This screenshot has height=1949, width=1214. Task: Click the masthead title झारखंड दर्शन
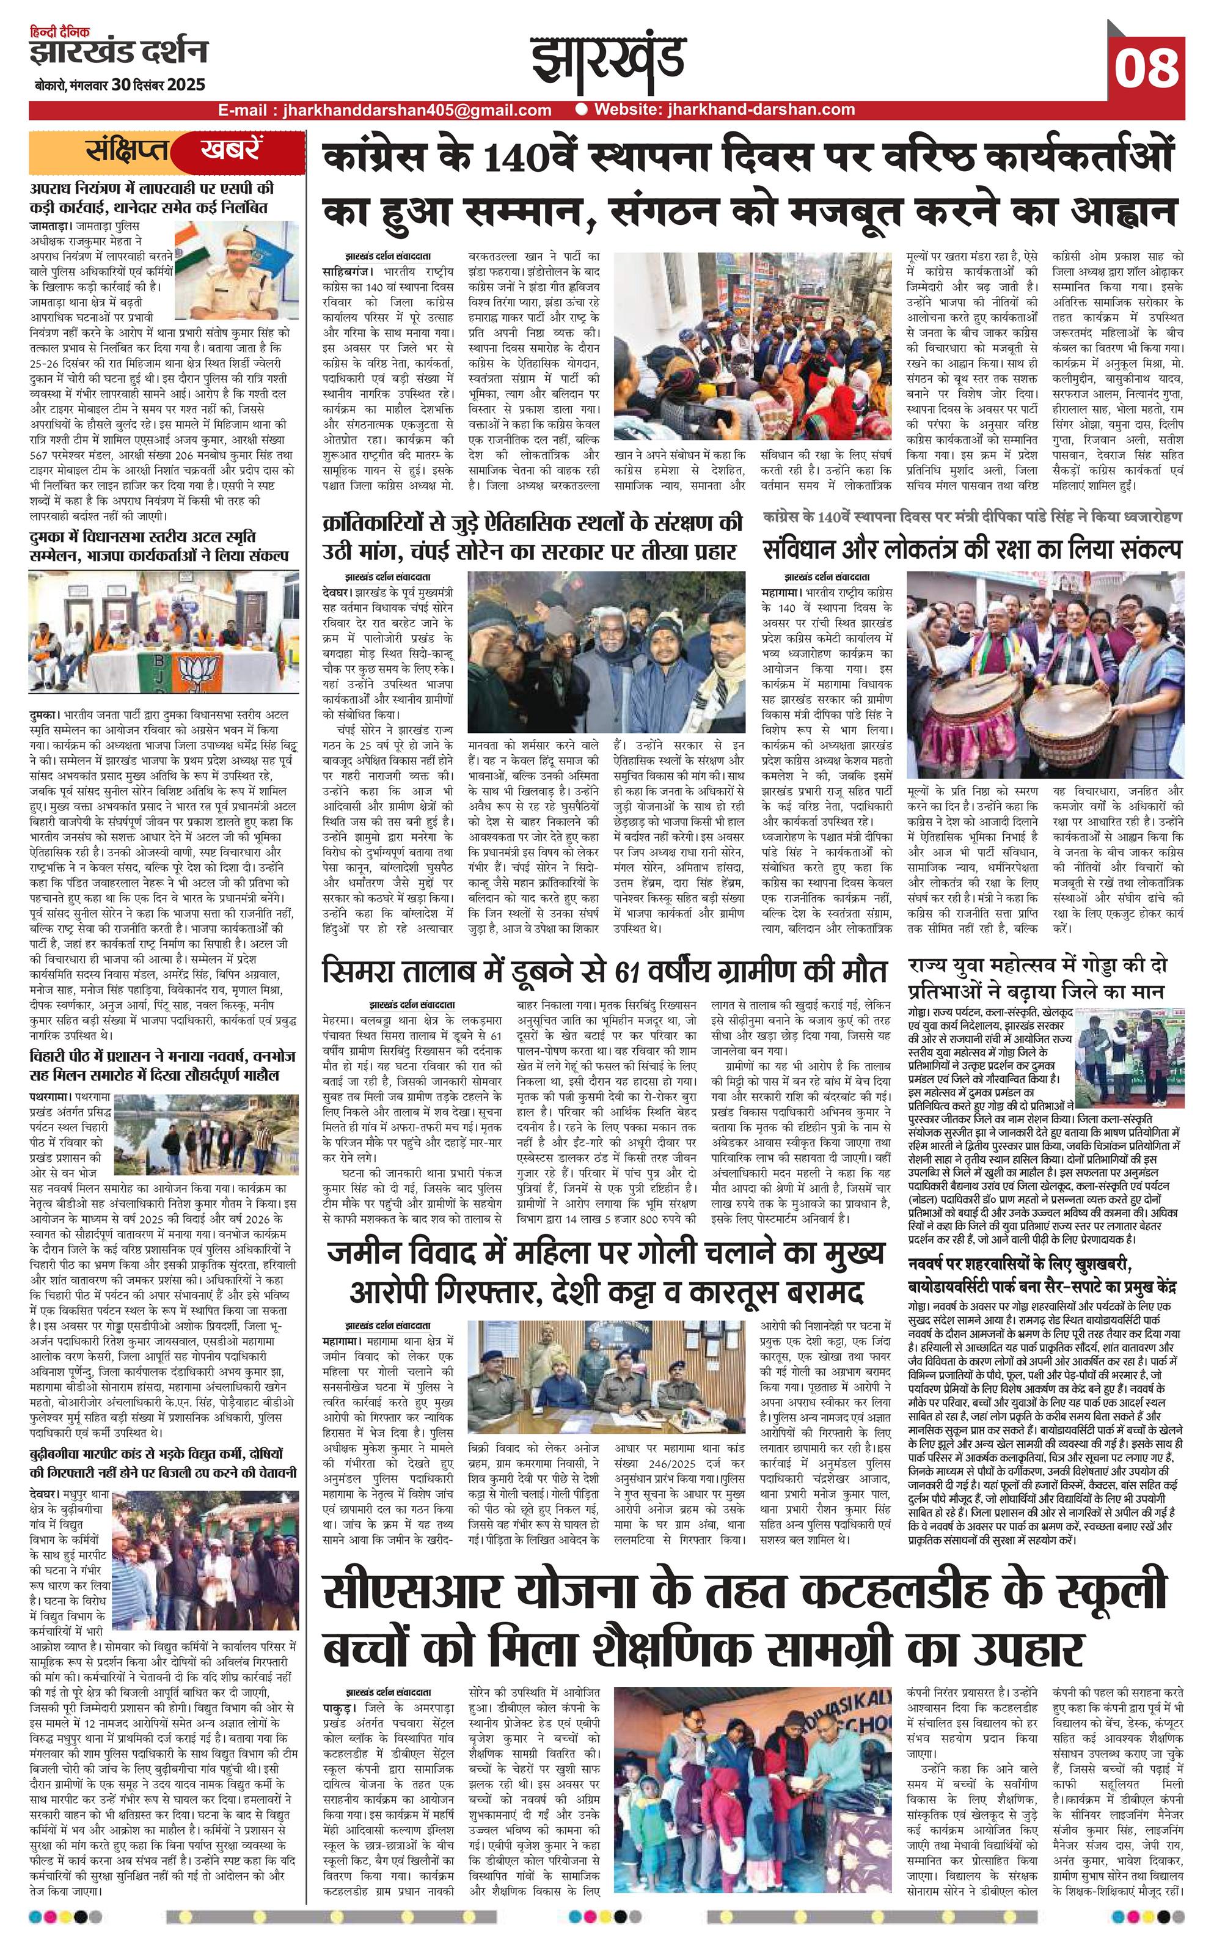click(118, 52)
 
